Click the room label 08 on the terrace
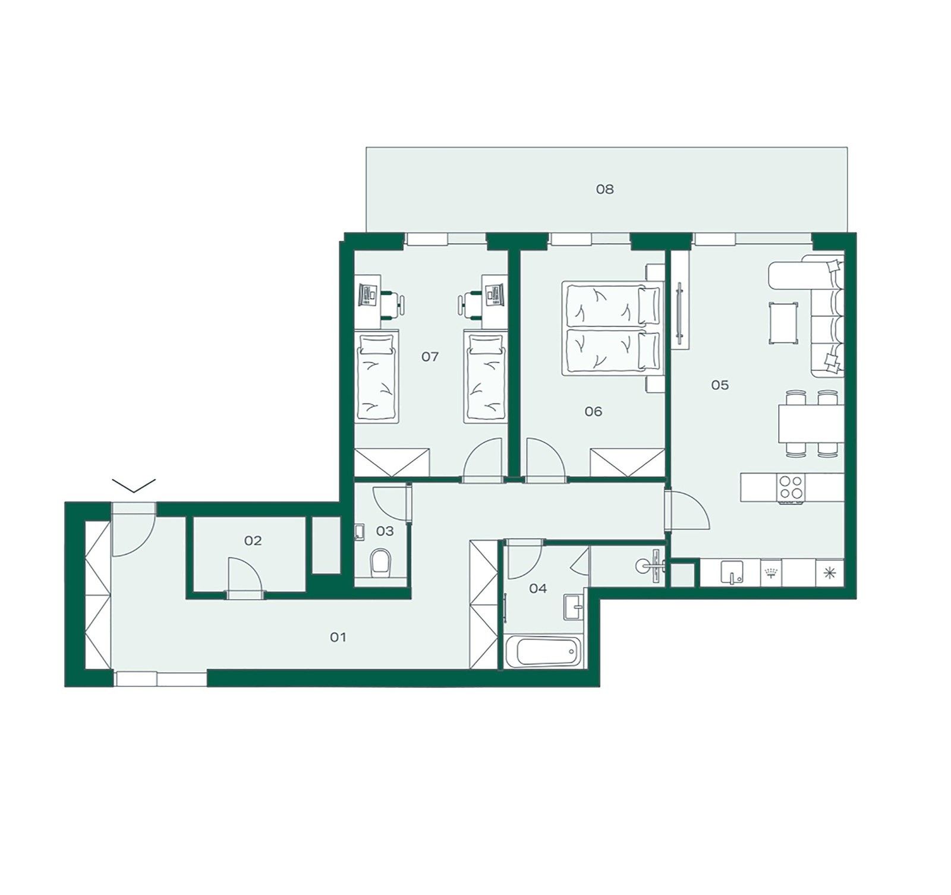[x=604, y=190]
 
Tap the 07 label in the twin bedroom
[x=430, y=357]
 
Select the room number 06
[x=593, y=411]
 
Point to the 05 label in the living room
[x=720, y=385]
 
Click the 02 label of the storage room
[x=253, y=541]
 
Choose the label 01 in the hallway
[x=338, y=637]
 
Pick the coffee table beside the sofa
[x=783, y=323]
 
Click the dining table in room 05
[x=811, y=424]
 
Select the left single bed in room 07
[x=376, y=377]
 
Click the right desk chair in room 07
[x=470, y=302]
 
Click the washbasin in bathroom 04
[x=574, y=607]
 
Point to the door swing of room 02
[x=244, y=574]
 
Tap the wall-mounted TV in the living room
[x=679, y=313]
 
